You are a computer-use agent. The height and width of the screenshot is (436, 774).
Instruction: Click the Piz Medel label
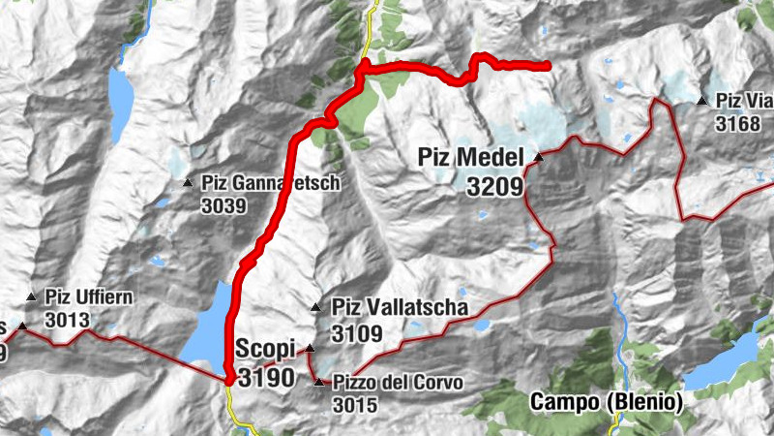coord(470,157)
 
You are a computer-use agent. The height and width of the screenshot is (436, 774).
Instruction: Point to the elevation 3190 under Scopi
coord(263,378)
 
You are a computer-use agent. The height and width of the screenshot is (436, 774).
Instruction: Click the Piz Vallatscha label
coord(400,308)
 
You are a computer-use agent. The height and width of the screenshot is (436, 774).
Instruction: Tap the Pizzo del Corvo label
coord(397,383)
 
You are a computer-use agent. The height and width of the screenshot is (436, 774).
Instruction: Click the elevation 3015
coord(353,406)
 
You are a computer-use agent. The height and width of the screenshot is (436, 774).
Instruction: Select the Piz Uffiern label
coord(88,297)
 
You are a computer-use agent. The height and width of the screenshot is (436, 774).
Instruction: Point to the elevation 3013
coord(67,321)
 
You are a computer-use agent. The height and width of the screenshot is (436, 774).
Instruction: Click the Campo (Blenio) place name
coord(607,402)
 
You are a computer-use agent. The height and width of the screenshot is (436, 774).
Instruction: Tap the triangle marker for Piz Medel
coord(537,156)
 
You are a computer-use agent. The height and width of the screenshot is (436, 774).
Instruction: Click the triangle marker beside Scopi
coord(311,349)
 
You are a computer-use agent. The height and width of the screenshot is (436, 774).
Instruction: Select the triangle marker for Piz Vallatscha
coord(316,308)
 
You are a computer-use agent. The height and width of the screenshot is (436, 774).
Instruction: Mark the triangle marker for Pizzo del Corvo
coord(320,383)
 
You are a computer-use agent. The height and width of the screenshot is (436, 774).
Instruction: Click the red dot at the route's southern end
coord(229,380)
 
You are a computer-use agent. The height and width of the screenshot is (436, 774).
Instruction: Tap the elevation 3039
coord(224,205)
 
